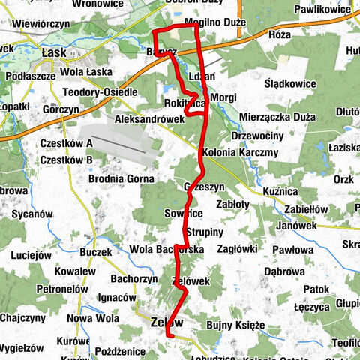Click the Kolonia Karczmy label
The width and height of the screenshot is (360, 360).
tap(239, 152)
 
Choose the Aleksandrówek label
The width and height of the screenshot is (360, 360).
tap(149, 118)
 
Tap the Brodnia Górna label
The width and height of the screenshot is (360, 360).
tap(121, 178)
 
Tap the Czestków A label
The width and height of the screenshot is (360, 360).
tap(67, 143)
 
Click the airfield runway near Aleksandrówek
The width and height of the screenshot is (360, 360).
tap(120, 143)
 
